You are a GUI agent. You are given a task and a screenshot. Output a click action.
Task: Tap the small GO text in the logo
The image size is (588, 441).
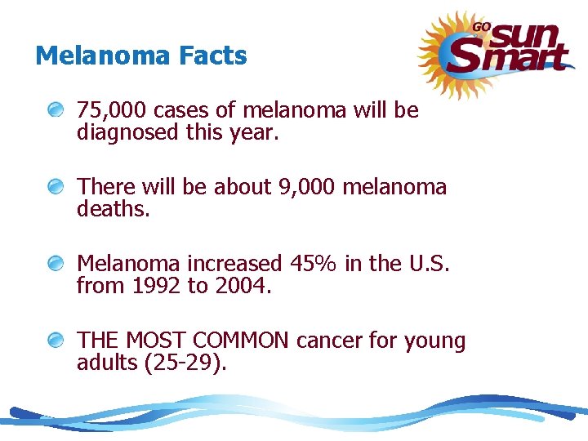481,26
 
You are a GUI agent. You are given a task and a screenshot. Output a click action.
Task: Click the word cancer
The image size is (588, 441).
330,340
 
